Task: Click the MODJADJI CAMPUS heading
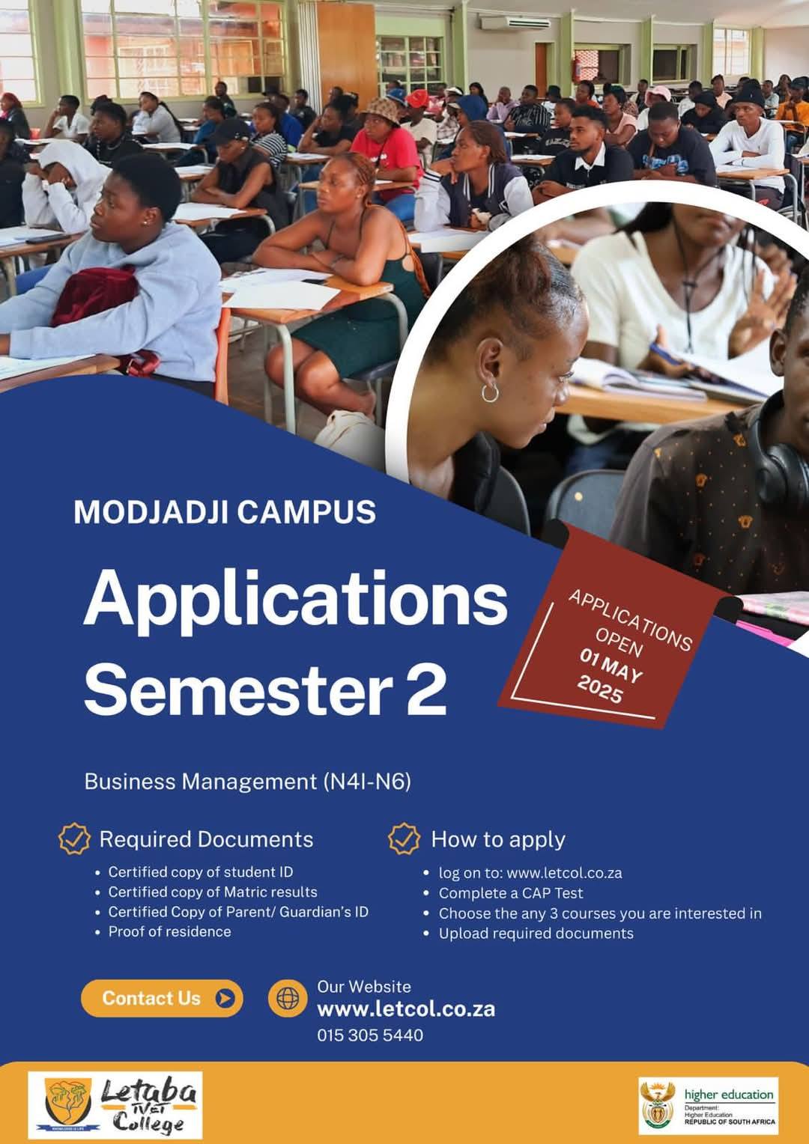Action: click(x=225, y=511)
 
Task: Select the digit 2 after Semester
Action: click(x=425, y=689)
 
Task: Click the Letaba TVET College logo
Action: click(x=115, y=1105)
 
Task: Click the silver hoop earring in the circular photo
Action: click(x=490, y=393)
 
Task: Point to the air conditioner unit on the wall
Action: click(x=508, y=22)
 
